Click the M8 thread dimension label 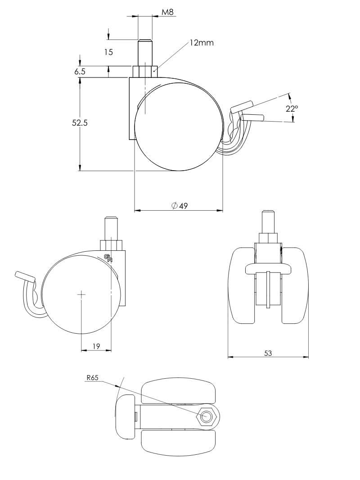167,13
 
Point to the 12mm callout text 201,42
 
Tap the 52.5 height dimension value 80,123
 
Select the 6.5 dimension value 80,72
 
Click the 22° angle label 292,109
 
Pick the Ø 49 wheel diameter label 180,206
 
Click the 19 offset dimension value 96,346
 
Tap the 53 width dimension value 268,353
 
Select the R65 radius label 92,378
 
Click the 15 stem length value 108,52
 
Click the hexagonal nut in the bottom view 207,417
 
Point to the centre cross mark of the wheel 81,294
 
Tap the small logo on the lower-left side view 108,258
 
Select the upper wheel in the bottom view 179,391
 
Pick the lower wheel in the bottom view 178,443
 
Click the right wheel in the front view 294,285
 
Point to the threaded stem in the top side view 145,52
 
